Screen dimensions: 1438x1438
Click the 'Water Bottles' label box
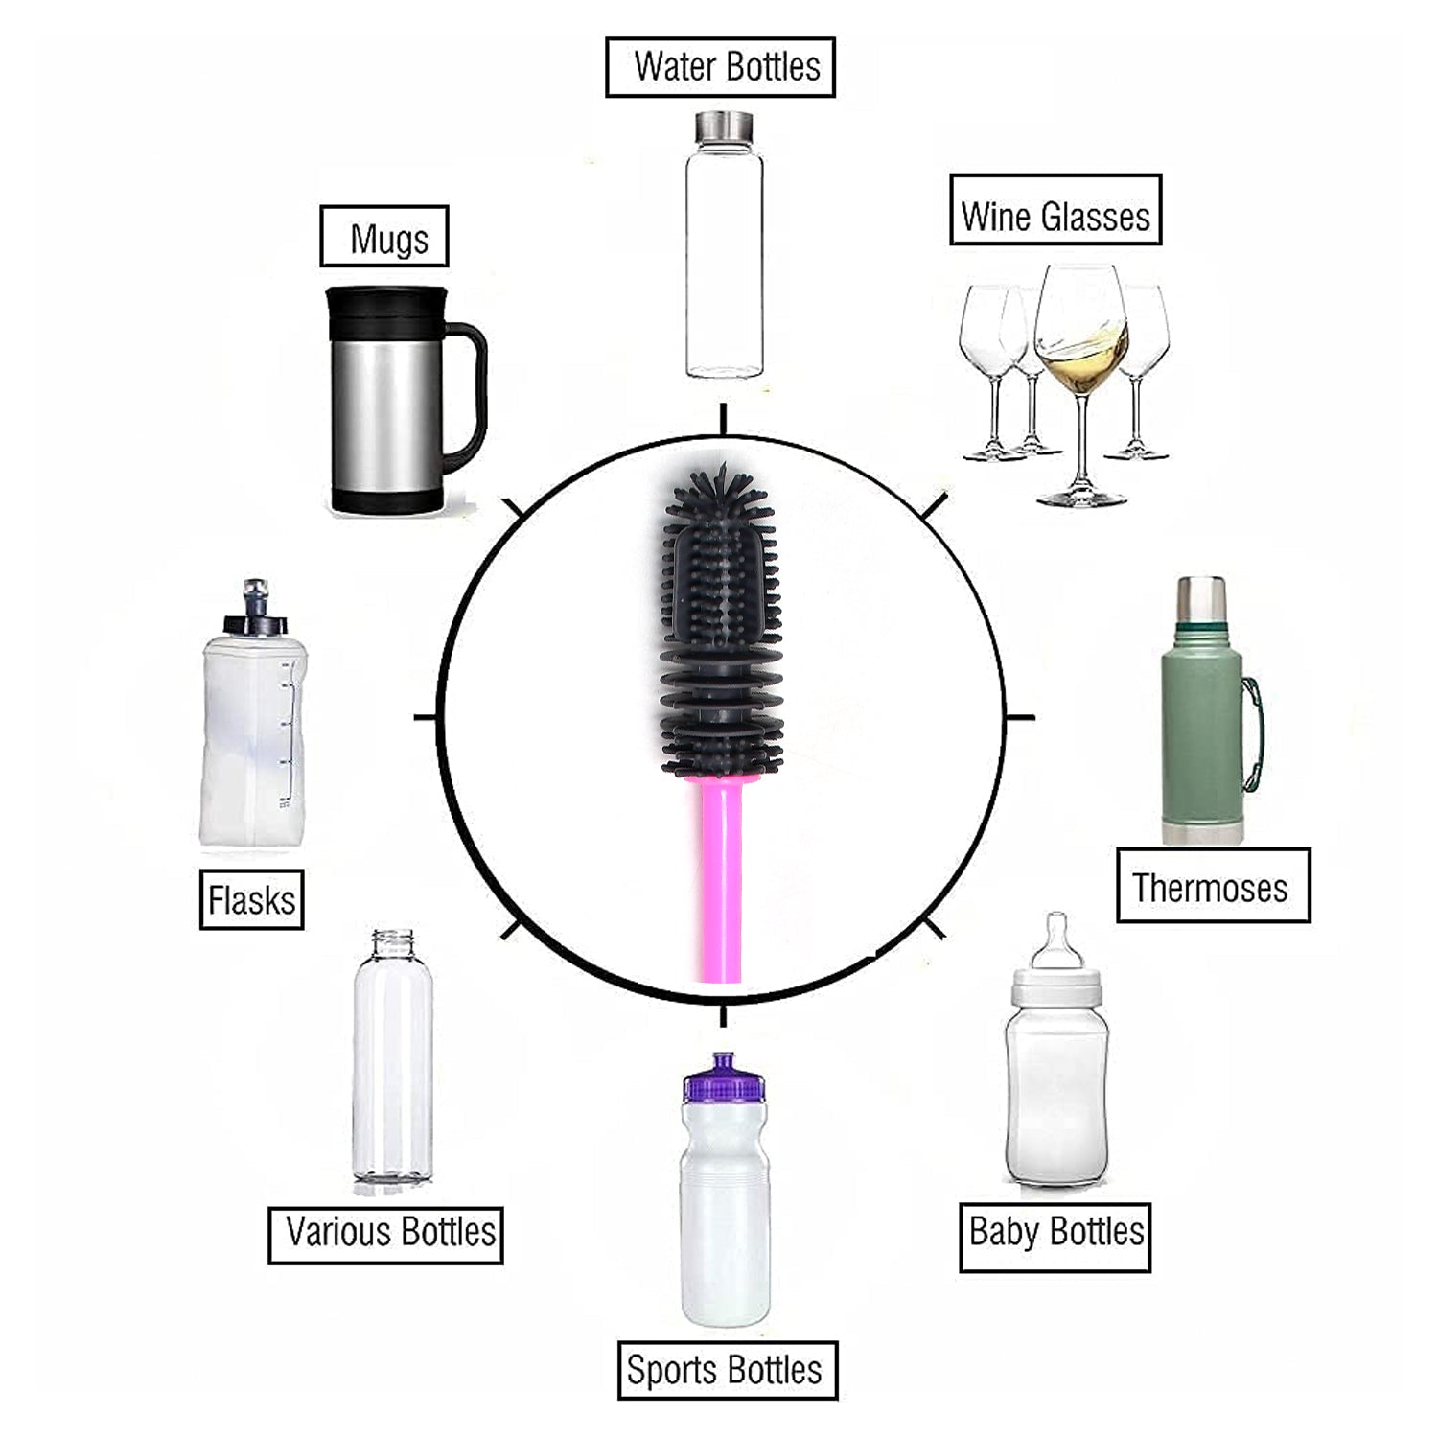tap(720, 67)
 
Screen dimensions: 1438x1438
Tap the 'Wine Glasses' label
tap(1055, 209)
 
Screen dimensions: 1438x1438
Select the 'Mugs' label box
tap(383, 236)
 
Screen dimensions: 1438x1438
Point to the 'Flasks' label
tap(251, 899)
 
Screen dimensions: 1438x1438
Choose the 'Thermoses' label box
tap(1213, 886)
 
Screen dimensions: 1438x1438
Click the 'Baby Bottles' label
tap(1055, 1237)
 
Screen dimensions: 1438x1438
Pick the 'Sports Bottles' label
tap(727, 1370)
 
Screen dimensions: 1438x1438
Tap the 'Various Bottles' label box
tap(385, 1235)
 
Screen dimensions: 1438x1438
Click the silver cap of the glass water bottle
tap(724, 127)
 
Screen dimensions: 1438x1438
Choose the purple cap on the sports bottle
tap(724, 1078)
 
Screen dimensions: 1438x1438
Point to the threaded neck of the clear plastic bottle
tap(393, 941)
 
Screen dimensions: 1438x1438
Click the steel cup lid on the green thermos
tap(1200, 599)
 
